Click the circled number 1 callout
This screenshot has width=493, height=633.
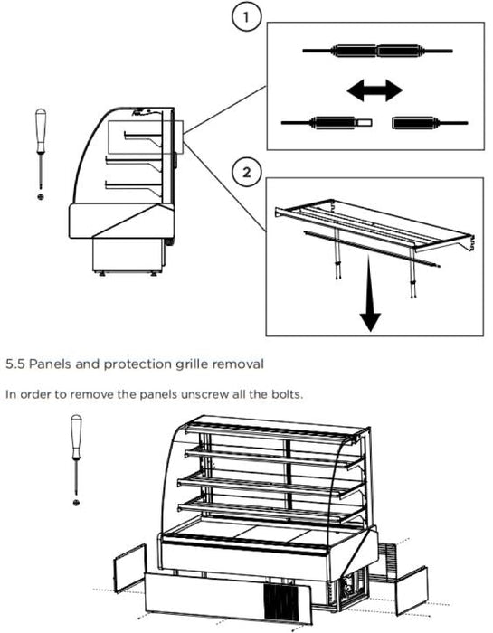(246, 16)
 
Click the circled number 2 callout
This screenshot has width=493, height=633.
(246, 172)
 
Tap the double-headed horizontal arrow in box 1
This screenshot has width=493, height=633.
(374, 90)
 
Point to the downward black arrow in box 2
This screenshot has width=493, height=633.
(370, 293)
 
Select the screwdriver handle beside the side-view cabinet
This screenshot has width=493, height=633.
(41, 130)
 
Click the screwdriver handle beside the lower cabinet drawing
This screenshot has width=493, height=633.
(76, 437)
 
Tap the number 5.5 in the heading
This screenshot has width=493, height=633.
(15, 364)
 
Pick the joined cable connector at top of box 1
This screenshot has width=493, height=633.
(377, 51)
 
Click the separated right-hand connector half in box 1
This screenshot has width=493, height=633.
(430, 123)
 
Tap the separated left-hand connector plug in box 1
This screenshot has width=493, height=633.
(327, 122)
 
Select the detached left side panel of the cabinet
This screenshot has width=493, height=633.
(129, 568)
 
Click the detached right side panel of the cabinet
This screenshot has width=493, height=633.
(412, 590)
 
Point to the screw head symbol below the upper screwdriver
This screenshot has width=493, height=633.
(41, 196)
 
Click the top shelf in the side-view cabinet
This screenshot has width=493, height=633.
(143, 137)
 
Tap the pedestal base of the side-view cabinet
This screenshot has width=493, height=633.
(128, 255)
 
